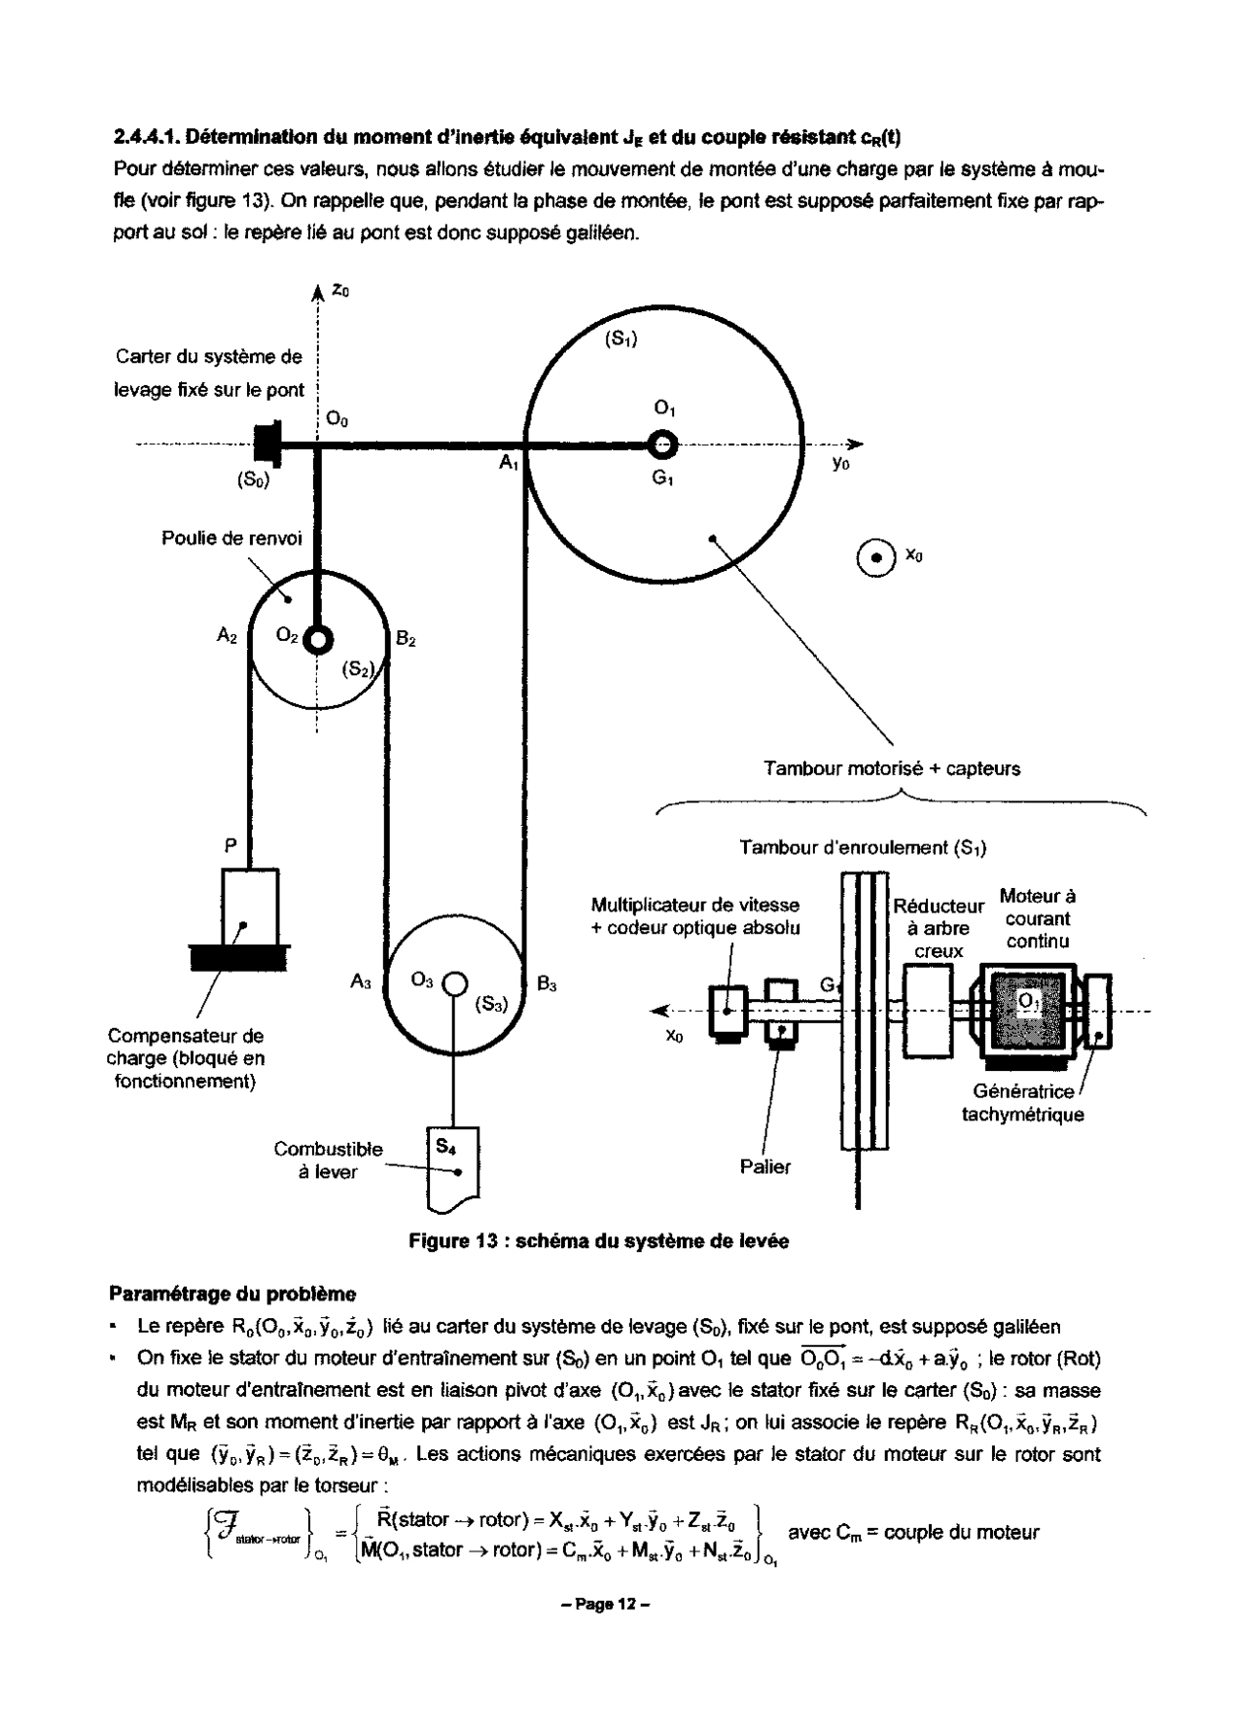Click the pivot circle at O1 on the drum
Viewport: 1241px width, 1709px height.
(x=662, y=445)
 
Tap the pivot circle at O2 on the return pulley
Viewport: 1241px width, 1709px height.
(x=318, y=640)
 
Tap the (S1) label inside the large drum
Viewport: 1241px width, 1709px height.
(x=621, y=339)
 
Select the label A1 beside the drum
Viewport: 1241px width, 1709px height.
(x=509, y=464)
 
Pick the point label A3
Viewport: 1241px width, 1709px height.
(x=361, y=983)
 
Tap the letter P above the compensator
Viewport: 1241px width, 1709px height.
(x=230, y=846)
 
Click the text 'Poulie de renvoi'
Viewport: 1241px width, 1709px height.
(x=231, y=538)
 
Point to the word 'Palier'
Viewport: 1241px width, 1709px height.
(x=764, y=1166)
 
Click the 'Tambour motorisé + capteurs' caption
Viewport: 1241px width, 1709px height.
(x=892, y=768)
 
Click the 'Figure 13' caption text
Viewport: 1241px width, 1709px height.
(x=598, y=1241)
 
